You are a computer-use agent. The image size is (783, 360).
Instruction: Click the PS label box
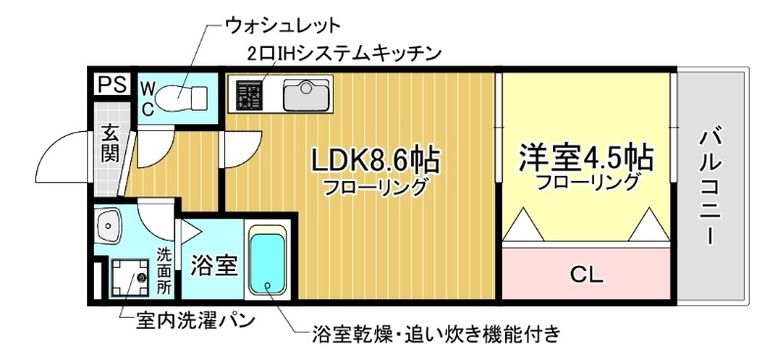[110, 86]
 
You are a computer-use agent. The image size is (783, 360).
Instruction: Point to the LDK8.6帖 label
[374, 158]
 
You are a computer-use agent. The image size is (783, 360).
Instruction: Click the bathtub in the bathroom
[266, 262]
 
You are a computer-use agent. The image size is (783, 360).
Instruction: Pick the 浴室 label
[212, 264]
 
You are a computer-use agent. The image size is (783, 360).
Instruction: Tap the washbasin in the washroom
[107, 228]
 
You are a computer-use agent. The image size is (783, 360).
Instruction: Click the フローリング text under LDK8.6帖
[376, 186]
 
